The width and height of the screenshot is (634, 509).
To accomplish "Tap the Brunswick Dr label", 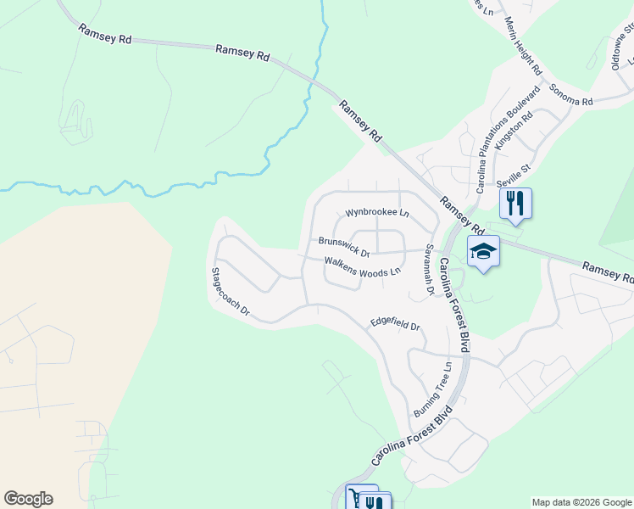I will click(x=345, y=247).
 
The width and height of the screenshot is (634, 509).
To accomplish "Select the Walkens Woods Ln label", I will click(x=362, y=267).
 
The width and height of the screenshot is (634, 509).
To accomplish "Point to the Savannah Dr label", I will click(x=430, y=270).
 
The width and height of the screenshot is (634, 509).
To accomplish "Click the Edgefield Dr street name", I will click(x=395, y=324).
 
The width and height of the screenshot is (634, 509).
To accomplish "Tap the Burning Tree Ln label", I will click(x=434, y=389).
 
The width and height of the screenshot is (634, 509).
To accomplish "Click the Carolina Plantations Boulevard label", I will click(x=507, y=140).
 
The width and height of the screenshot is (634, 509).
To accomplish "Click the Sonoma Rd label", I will click(x=570, y=94).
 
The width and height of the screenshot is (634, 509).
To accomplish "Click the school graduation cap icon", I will click(x=483, y=251).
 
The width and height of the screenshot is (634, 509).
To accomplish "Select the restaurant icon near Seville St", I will click(x=515, y=204).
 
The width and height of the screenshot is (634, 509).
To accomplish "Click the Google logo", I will click(x=28, y=499).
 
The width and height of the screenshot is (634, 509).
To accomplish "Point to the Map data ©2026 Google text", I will click(x=581, y=502).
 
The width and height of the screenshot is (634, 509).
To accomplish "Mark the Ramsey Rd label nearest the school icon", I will click(x=461, y=216).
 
